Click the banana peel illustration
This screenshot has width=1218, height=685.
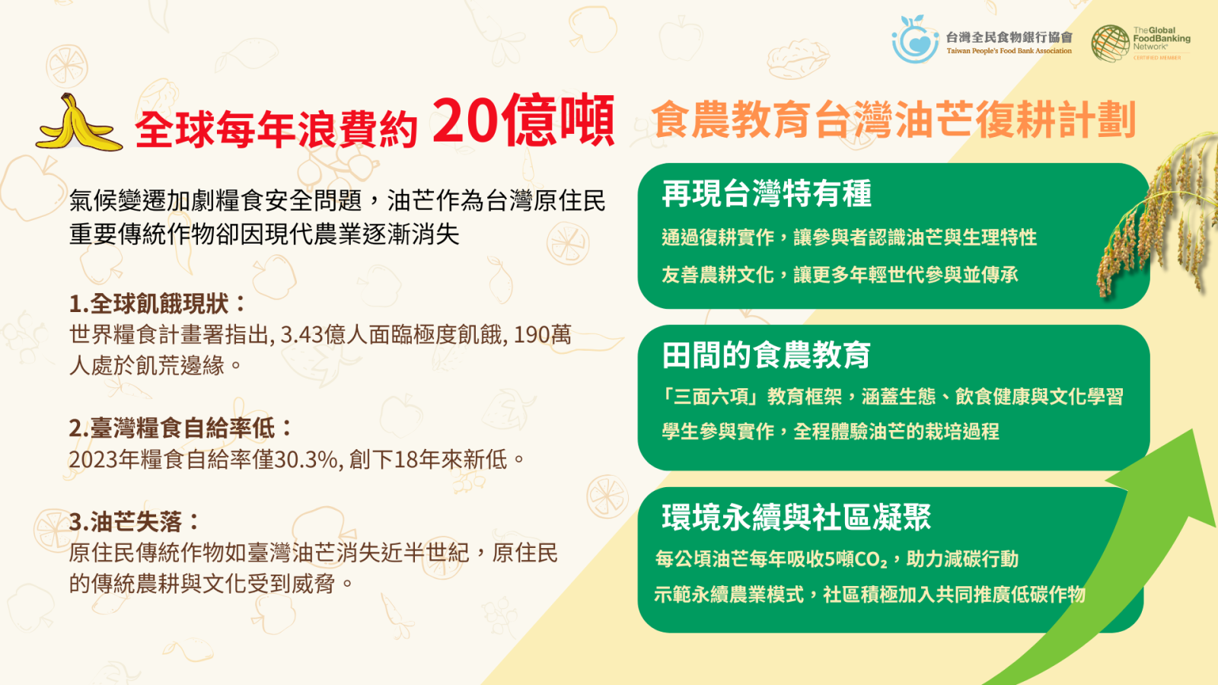(79, 124)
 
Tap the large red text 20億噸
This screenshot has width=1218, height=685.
(523, 121)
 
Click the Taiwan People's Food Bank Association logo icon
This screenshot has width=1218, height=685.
(915, 39)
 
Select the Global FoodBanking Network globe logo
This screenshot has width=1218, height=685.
(1110, 43)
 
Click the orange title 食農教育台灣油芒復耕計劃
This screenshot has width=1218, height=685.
(894, 119)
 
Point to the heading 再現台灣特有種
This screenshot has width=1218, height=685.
(767, 193)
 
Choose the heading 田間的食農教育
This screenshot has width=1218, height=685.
(766, 355)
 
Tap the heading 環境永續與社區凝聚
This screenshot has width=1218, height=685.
(796, 517)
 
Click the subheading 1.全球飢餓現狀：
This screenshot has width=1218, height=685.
(158, 304)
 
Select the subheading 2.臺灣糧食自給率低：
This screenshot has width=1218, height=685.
(181, 428)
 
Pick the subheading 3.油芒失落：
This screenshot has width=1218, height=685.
(135, 522)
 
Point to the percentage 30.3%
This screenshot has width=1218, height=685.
(307, 460)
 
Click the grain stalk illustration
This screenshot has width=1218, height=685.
(1157, 218)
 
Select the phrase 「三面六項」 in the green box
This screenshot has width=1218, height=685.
(713, 397)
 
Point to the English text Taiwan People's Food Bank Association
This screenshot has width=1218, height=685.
(1009, 51)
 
